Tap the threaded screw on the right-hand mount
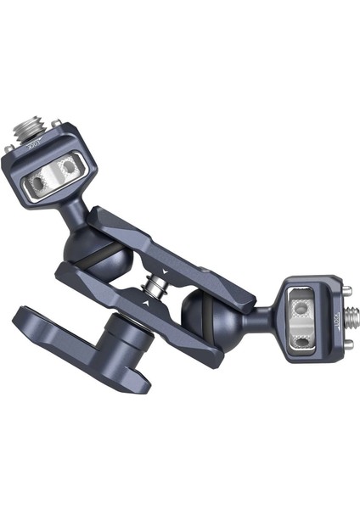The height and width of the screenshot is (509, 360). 349,318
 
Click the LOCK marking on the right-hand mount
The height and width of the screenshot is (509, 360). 335,325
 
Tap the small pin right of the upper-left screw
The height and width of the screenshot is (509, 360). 55,124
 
